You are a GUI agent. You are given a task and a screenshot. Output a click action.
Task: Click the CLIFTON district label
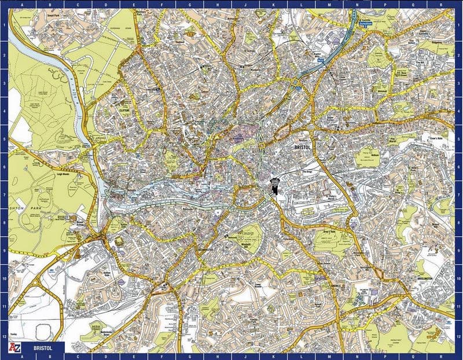point(123,109)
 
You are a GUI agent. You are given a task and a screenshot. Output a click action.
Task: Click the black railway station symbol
point(273,187)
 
